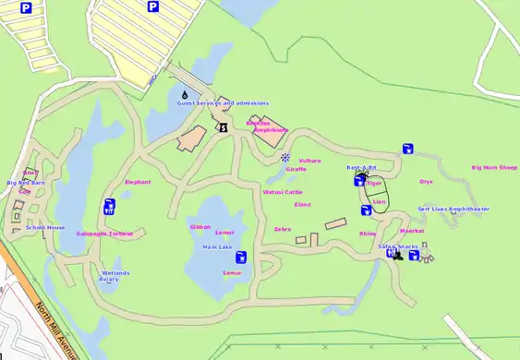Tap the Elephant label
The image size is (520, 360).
(138, 182)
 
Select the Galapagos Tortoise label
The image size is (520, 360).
(104, 234)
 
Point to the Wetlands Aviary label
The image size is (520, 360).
(115, 275)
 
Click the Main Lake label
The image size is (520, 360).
(217, 247)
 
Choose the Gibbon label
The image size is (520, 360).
(200, 226)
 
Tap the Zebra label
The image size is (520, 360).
(283, 229)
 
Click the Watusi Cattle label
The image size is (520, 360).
(283, 192)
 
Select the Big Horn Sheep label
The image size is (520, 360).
(494, 168)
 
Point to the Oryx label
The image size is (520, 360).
(426, 182)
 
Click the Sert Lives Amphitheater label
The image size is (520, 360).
(453, 210)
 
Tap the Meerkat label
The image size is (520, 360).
(411, 231)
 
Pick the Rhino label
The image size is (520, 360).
(368, 234)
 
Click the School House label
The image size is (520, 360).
(45, 227)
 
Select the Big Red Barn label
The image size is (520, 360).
(26, 183)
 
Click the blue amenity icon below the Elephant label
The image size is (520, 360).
(110, 206)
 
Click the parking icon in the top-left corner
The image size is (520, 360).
(26, 7)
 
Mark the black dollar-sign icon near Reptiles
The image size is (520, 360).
(222, 127)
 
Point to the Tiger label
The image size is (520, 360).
(374, 183)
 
